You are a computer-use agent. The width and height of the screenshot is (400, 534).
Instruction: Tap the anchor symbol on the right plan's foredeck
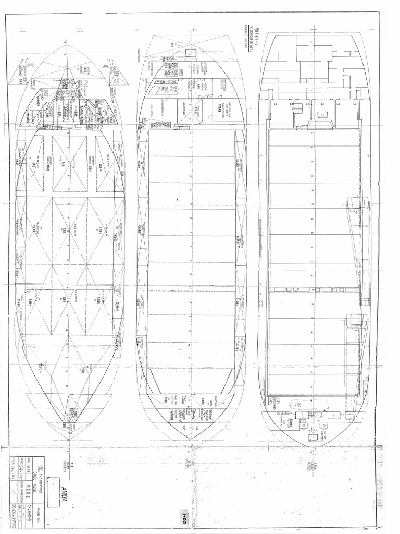pos(301,423)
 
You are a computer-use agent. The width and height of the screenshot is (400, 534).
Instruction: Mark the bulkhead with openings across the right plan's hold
pos(314,288)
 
